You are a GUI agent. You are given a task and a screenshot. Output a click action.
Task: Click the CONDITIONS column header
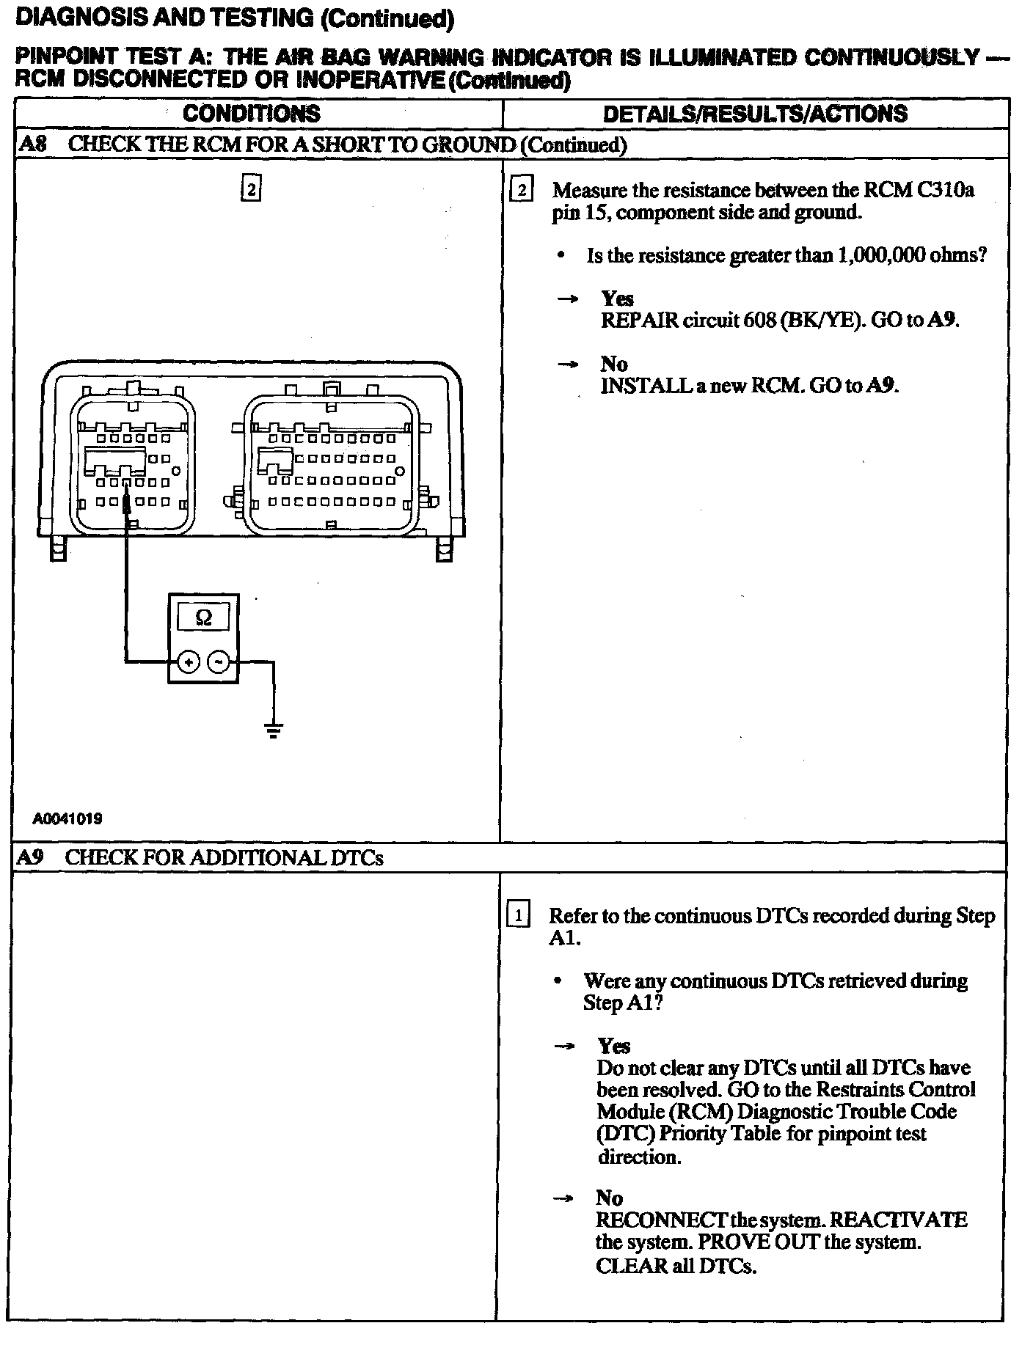[x=252, y=114]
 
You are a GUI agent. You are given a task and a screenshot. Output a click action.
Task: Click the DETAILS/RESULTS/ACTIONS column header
[x=755, y=114]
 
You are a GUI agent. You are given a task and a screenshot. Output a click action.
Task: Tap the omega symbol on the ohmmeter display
[x=204, y=618]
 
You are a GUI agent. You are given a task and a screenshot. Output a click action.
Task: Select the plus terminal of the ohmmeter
[x=189, y=662]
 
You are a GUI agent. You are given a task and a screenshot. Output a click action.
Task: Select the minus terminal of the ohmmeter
[x=219, y=662]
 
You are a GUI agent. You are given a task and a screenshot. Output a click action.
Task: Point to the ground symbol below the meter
[x=274, y=730]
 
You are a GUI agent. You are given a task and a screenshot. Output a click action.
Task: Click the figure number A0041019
[x=67, y=818]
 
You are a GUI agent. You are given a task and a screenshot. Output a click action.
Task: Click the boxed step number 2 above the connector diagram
[x=252, y=189]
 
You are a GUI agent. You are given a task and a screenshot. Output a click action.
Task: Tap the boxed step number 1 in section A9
[x=519, y=916]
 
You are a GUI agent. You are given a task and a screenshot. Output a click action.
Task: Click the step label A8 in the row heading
[x=32, y=144]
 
